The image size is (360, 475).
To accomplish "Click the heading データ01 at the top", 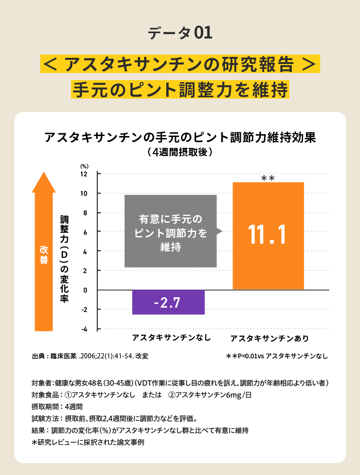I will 180,33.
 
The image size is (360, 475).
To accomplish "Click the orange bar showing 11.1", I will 268,236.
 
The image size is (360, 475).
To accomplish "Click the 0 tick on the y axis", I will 85,290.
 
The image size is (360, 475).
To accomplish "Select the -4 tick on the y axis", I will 84,329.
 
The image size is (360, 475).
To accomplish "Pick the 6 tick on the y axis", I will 85,232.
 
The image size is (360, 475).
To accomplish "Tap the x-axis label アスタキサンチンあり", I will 269,338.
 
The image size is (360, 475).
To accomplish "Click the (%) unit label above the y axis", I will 84,166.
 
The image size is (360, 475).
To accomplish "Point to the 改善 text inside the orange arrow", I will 44,255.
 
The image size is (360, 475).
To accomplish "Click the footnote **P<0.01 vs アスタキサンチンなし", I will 277,356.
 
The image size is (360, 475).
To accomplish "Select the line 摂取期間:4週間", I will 57,407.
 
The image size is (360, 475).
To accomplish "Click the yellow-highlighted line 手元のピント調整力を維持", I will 180,89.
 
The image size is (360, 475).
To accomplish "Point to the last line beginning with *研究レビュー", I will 87,443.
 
